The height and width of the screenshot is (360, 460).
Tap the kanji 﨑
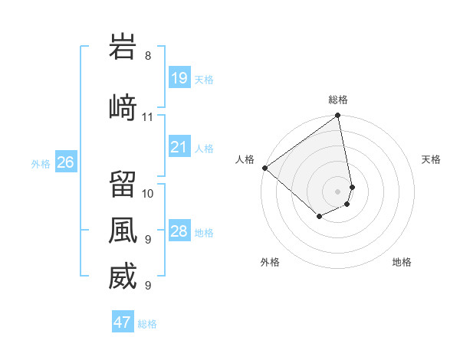(x=123, y=107)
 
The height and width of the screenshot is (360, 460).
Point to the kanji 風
(x=123, y=230)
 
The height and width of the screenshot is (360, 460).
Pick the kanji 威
(x=123, y=277)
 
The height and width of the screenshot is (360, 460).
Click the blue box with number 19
(x=179, y=78)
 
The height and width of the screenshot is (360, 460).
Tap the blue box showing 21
(x=179, y=147)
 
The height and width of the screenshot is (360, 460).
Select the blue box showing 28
(x=179, y=231)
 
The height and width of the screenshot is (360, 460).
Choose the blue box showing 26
(x=66, y=162)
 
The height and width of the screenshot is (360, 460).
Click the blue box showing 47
(x=123, y=322)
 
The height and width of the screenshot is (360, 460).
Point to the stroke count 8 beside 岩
(x=148, y=55)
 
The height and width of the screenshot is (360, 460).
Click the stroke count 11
(x=148, y=116)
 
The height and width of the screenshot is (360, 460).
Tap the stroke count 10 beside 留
(x=148, y=193)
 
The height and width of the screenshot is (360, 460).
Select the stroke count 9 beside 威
(x=147, y=285)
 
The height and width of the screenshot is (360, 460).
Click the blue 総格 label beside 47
(x=147, y=324)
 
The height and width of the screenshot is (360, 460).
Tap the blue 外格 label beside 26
(x=41, y=163)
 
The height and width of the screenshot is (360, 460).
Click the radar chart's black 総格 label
(x=338, y=100)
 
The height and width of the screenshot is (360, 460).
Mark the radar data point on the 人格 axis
(x=264, y=168)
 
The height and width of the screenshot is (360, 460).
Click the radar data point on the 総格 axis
(x=338, y=116)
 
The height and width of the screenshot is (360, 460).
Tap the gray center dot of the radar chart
(x=338, y=191)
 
